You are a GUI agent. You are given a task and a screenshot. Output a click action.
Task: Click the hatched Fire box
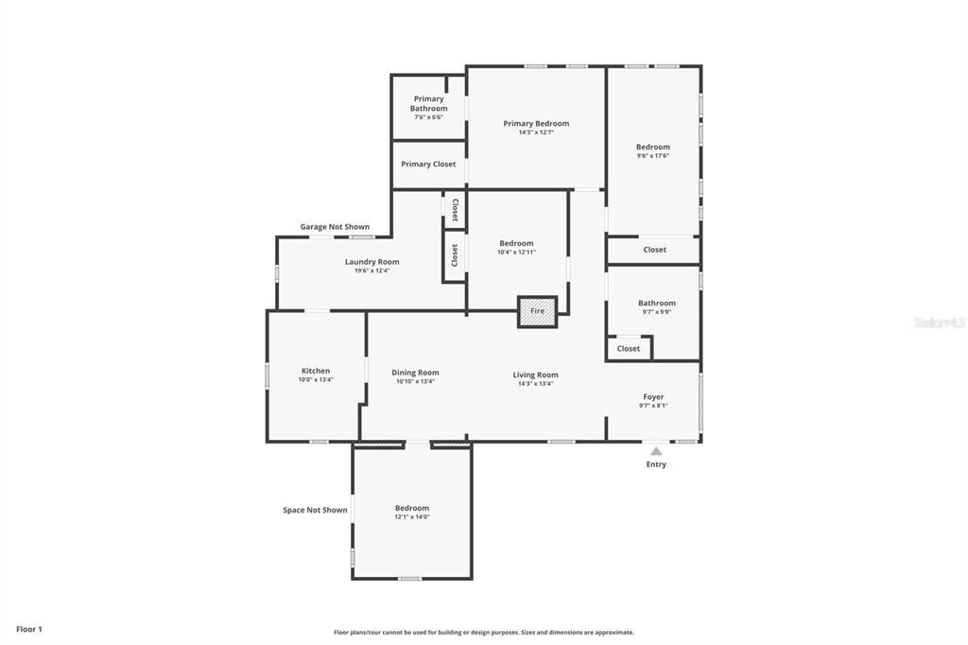(537, 311)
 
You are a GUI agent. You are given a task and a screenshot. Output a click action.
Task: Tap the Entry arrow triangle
(656, 451)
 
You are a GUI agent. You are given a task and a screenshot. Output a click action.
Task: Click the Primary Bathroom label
(428, 103)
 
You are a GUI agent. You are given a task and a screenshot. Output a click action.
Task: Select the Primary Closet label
(428, 165)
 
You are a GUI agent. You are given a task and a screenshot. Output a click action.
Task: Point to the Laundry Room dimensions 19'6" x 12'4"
(372, 270)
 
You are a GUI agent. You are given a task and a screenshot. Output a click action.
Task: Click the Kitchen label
(316, 371)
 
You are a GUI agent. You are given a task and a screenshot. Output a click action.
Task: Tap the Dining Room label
(415, 373)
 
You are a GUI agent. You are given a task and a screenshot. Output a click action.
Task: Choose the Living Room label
(535, 375)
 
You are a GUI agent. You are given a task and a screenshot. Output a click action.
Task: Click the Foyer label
(653, 397)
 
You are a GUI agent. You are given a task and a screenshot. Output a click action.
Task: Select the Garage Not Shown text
(335, 227)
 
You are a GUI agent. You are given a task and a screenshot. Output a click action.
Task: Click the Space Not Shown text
(315, 511)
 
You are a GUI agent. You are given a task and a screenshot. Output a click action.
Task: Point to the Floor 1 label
(29, 629)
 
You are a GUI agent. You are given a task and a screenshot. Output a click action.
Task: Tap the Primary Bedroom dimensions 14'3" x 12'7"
(536, 132)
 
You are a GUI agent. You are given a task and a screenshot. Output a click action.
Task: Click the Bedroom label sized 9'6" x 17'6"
(653, 147)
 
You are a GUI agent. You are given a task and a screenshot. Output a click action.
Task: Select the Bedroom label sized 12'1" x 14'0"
(412, 508)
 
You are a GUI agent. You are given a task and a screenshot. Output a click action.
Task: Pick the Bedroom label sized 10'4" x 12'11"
(516, 243)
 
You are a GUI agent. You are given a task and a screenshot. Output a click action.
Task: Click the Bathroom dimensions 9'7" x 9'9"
(656, 312)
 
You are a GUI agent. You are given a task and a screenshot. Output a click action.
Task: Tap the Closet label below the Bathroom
(629, 349)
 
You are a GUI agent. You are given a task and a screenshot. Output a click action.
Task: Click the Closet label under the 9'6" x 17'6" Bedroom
(654, 250)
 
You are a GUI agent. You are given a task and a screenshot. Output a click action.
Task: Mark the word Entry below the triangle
(656, 464)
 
